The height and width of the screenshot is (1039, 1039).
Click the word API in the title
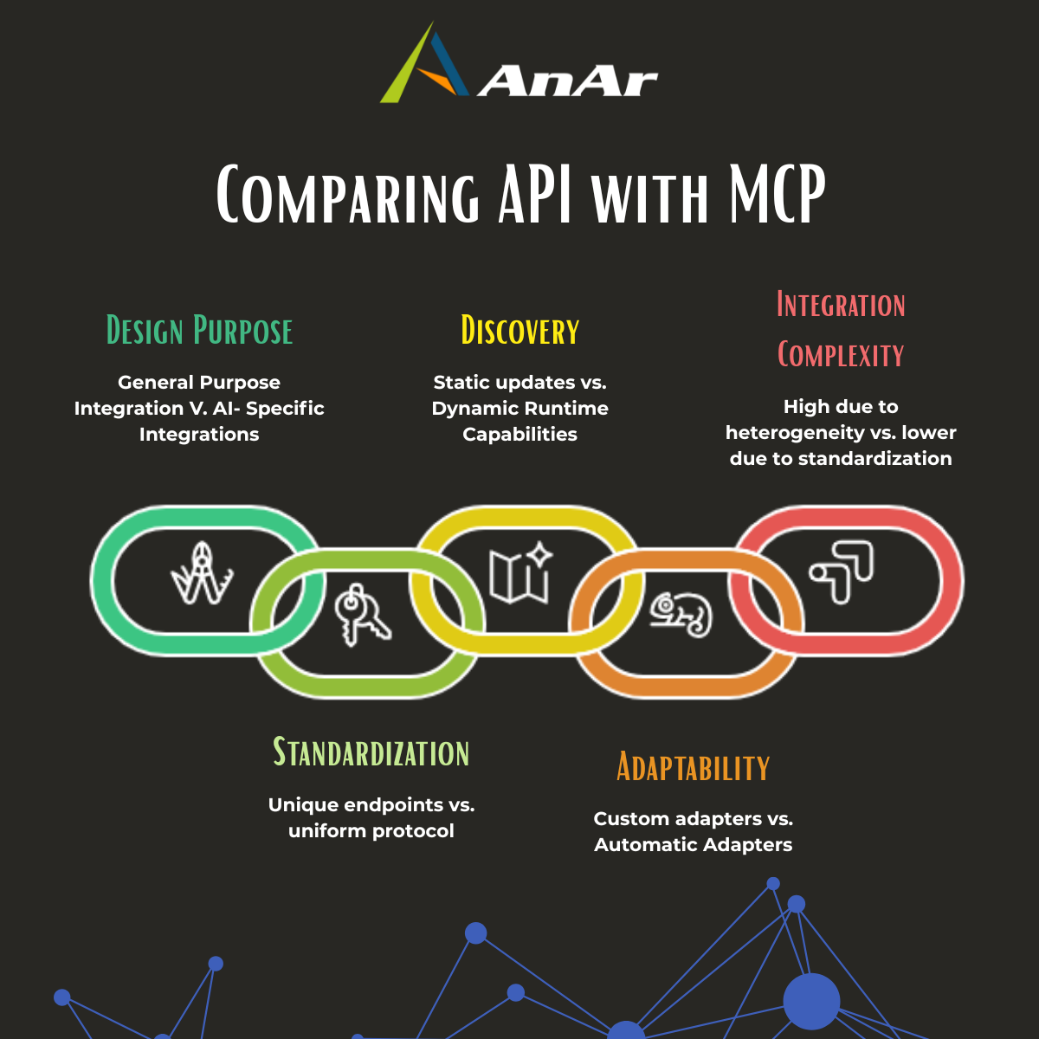pos(535,194)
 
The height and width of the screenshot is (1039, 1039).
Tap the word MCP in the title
pos(778,194)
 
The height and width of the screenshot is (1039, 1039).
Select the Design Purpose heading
pos(199,330)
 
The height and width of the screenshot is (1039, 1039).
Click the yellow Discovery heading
pos(519,330)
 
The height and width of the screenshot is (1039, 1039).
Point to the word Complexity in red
pos(841,354)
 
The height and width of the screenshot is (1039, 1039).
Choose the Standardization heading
pos(371,752)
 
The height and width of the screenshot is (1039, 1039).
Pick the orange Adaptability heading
pos(693,766)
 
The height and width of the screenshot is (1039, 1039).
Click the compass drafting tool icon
pos(203,572)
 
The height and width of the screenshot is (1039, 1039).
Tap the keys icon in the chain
pos(362,614)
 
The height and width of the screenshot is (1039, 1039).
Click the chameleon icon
pos(681,616)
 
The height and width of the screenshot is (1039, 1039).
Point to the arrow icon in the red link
pos(841,572)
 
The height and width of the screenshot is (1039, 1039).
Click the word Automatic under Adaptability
pos(646,844)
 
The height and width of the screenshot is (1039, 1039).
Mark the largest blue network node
pos(811,1001)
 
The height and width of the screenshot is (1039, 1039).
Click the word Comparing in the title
pos(348,194)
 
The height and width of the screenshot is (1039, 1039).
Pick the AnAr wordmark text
pos(567,81)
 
